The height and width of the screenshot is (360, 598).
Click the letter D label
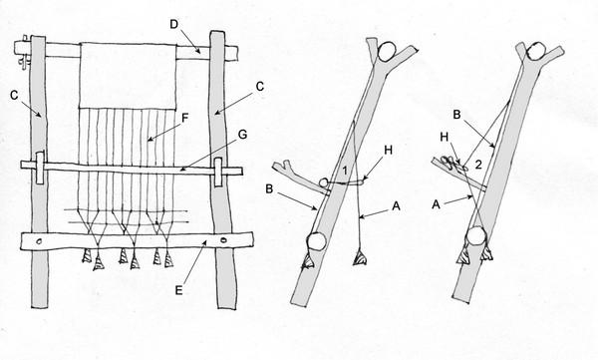pos(173,25)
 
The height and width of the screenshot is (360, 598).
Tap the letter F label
pos(185,118)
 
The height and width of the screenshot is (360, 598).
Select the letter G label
pos(242,135)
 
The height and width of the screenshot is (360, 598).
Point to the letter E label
pos(178,290)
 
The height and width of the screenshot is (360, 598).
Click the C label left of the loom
pos(14,95)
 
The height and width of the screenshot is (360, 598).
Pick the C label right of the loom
pos(260,87)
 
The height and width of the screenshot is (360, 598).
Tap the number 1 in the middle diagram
pos(345,171)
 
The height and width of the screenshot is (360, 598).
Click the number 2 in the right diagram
pos(478,165)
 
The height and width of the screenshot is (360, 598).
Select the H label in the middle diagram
pos(388,150)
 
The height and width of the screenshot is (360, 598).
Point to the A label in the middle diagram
pos(397,206)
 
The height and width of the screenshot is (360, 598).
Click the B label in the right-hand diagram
pos(456,115)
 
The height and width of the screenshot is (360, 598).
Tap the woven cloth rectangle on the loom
pos(128,76)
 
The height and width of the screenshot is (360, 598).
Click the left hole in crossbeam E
pos(39,241)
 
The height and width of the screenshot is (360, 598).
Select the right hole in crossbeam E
pos(223,240)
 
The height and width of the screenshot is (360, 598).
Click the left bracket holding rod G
pos(40,169)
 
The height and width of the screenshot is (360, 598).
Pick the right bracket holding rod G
pos(217,173)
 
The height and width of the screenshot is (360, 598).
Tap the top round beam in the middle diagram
pos(387,51)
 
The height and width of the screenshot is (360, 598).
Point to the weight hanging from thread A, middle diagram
pos(360,257)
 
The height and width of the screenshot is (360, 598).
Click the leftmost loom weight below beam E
pos(88,255)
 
